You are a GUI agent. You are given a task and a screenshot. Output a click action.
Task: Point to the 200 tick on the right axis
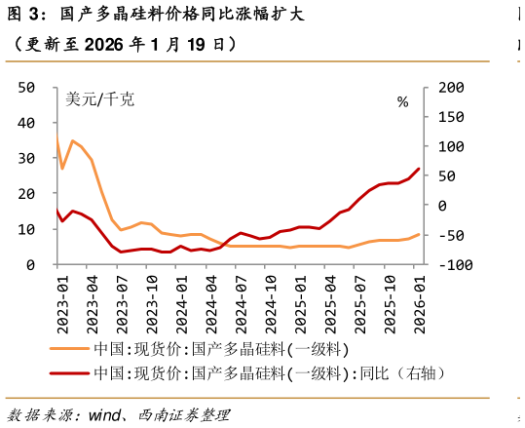pos(452,87)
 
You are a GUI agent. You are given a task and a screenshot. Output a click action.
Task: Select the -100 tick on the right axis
pos(452,264)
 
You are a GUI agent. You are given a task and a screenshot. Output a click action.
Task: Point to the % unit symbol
pos(403,100)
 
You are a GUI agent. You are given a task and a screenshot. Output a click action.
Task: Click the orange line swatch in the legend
pos(70,348)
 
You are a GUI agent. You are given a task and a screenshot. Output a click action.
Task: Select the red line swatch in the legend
pos(70,373)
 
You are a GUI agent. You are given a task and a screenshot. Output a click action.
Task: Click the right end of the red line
pos(420,169)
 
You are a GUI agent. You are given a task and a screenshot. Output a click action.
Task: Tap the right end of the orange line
pos(420,234)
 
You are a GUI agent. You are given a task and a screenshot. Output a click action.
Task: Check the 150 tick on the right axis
pos(452,117)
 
